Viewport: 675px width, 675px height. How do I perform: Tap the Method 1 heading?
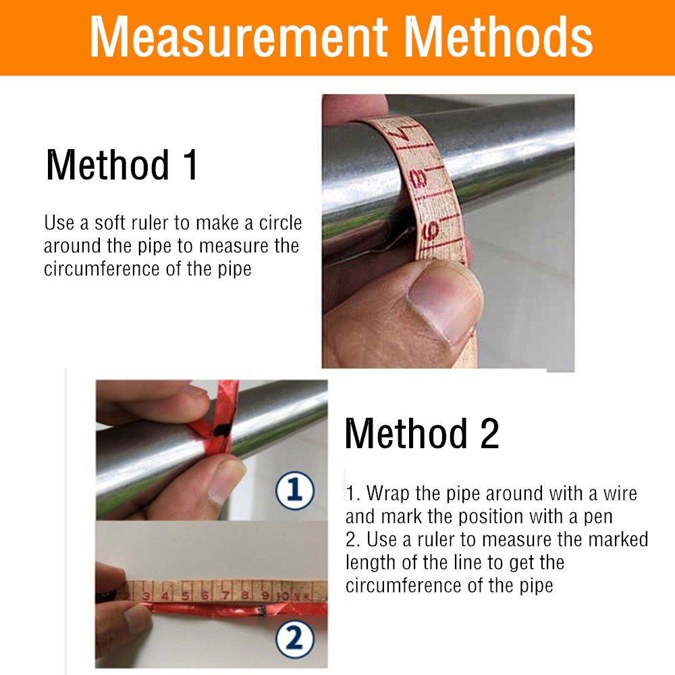coord(122,165)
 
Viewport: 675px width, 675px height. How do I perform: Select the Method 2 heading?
coord(422,433)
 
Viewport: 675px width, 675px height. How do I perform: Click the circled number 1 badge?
coord(295,490)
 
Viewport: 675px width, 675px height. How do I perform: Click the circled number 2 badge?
coord(295,639)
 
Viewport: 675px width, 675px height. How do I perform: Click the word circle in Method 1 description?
coord(280,223)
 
